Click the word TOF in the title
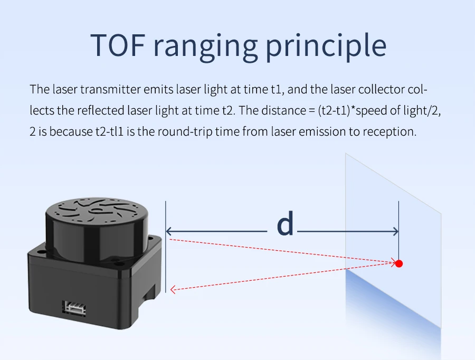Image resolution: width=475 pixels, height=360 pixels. [118, 45]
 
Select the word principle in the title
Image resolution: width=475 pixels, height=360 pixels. [326, 46]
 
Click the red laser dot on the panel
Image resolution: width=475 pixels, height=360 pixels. [399, 263]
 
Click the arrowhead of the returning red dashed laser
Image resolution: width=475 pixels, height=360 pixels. [173, 289]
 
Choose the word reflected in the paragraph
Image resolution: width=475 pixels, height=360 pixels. [101, 110]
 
